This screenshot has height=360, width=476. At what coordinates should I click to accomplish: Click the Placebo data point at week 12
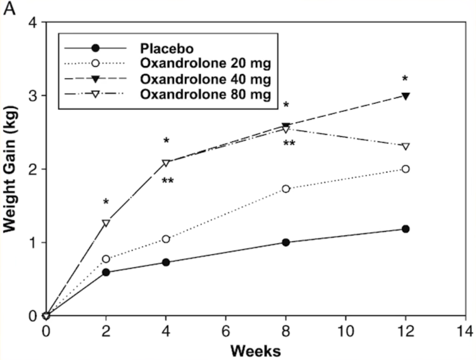coord(405,229)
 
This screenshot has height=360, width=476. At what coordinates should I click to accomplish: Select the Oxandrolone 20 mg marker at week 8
coord(286,188)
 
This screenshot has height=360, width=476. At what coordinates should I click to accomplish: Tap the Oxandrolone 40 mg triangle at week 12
coord(405,96)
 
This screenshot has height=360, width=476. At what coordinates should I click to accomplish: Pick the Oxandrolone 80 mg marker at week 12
coord(405,147)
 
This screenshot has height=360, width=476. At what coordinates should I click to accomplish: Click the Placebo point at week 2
coord(106,272)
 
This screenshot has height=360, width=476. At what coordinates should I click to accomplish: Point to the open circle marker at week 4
coord(166,239)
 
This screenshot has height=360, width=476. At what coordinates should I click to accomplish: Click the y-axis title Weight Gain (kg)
coord(12,169)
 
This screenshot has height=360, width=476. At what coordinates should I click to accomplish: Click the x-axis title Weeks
coord(256,350)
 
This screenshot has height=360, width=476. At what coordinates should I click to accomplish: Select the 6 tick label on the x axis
coord(226,330)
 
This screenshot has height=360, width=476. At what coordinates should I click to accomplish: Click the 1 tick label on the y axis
coord(34,243)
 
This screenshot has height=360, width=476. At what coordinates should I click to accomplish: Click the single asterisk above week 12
coord(405,79)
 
